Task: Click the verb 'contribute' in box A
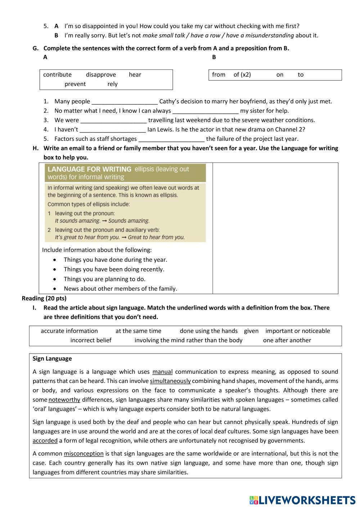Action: pyautogui.click(x=57, y=75)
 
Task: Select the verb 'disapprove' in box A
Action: pyautogui.click(x=101, y=75)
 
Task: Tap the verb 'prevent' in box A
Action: pyautogui.click(x=75, y=84)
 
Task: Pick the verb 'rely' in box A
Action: pyautogui.click(x=112, y=84)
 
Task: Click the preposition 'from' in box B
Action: pyautogui.click(x=219, y=75)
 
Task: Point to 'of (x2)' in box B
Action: pyautogui.click(x=242, y=75)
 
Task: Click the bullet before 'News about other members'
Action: pyautogui.click(x=54, y=289)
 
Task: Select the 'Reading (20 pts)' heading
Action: pyautogui.click(x=44, y=298)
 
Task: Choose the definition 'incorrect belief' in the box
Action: pyautogui.click(x=91, y=340)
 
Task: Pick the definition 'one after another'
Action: pyautogui.click(x=287, y=340)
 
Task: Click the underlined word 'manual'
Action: pyautogui.click(x=162, y=372)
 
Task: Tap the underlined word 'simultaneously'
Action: pyautogui.click(x=170, y=381)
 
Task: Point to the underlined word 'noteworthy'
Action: pyautogui.click(x=64, y=400)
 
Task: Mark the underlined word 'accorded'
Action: pyautogui.click(x=45, y=441)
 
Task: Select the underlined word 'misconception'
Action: pyautogui.click(x=84, y=454)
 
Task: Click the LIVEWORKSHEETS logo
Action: pyautogui.click(x=302, y=500)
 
